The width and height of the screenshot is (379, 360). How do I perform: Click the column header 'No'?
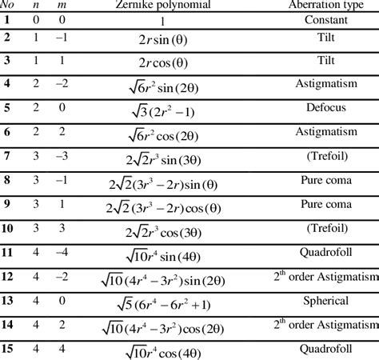click(7, 4)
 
